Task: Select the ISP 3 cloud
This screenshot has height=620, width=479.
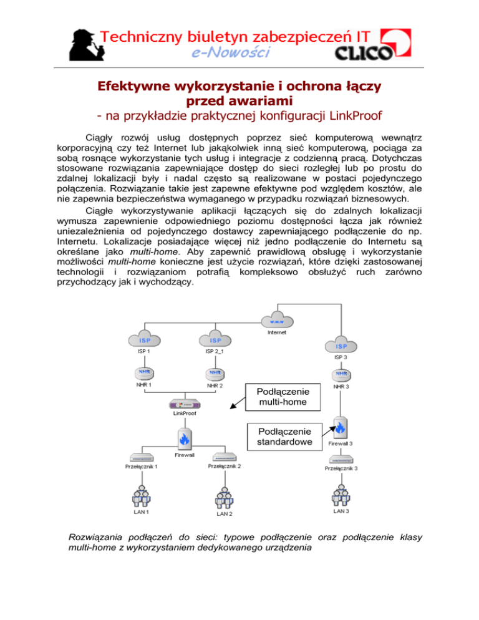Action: tap(342, 346)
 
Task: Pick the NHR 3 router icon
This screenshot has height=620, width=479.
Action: tap(342, 374)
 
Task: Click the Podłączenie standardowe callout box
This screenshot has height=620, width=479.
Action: tap(286, 436)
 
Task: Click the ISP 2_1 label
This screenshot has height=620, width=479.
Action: tap(216, 351)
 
